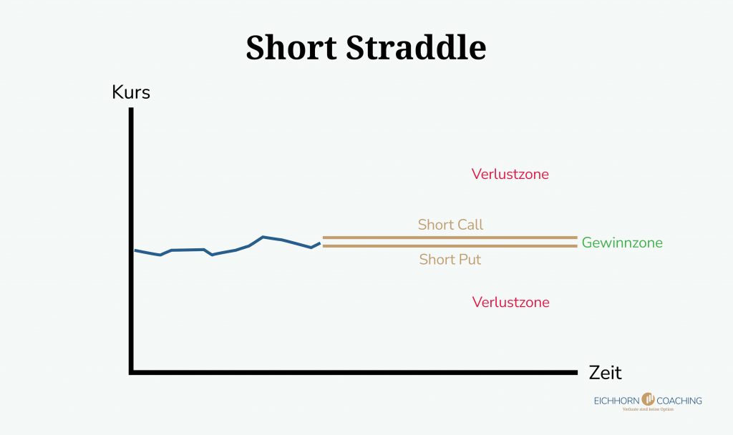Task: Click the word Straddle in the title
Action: pos(416,48)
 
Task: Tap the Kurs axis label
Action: pos(131,92)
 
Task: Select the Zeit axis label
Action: pos(605,373)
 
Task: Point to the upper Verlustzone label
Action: pos(510,174)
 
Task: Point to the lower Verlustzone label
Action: pos(510,302)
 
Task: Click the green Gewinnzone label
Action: pos(622,243)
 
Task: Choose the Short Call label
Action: pos(450,225)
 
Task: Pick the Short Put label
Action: pos(450,259)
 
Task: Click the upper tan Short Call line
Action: pos(450,238)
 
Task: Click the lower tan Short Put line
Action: pos(450,246)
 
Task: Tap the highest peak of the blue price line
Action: pos(263,237)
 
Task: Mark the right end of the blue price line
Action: pos(319,243)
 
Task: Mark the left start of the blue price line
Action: pos(136,250)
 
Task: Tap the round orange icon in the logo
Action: pos(649,399)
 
